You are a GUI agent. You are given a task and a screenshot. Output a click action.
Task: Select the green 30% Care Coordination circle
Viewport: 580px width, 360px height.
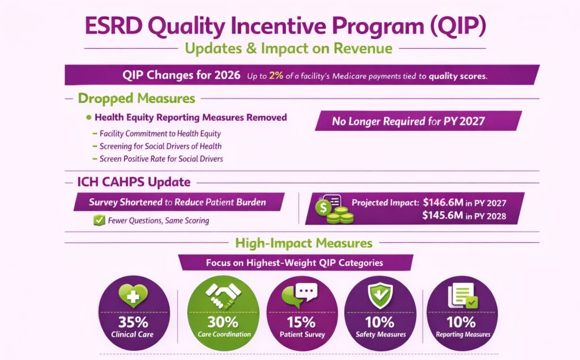pos(224,312)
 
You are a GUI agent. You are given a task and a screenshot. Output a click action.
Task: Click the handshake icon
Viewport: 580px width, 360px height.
pos(223,293)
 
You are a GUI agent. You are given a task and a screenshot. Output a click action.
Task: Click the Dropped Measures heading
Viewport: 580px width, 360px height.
pos(136,98)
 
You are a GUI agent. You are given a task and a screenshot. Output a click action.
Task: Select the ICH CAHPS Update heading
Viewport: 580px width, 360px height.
pos(134,182)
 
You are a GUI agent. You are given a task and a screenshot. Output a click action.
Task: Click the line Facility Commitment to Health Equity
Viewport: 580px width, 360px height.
pos(160,134)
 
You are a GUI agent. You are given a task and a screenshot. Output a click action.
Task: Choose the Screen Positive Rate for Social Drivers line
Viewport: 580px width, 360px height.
pos(161,159)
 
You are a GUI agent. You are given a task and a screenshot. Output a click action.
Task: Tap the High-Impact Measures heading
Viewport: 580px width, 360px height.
pos(304,243)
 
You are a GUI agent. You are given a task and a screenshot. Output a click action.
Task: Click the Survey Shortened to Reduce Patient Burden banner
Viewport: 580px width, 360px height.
pos(177,202)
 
